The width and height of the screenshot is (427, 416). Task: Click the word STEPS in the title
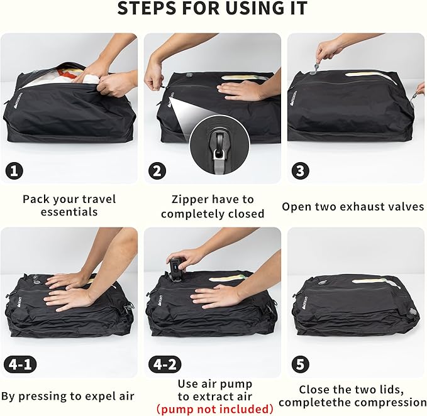pos(147,10)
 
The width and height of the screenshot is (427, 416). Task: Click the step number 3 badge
pos(301,170)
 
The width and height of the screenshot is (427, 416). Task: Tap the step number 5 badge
pos(301,364)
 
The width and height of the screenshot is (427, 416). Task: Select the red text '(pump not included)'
pos(214,409)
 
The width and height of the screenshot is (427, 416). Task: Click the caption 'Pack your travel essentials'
pos(69,205)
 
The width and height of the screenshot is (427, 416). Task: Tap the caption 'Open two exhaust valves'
pos(353,206)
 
